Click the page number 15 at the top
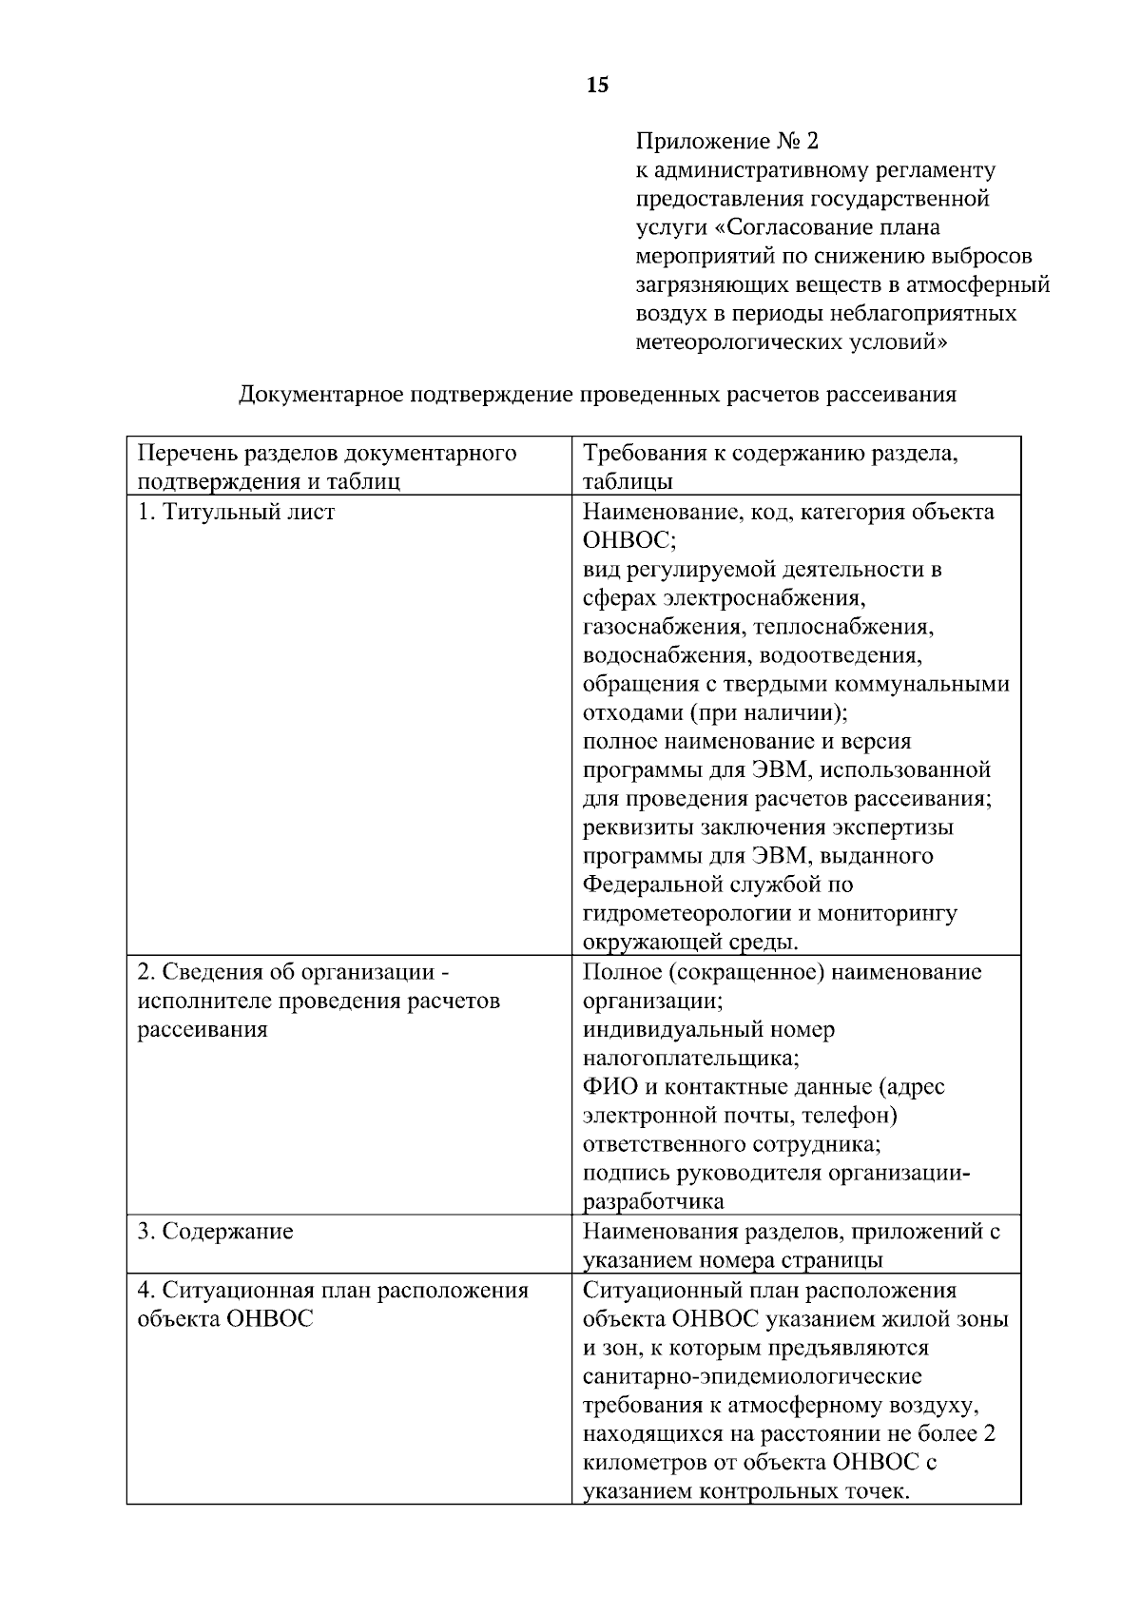click(x=597, y=86)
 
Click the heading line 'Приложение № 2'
click(x=726, y=142)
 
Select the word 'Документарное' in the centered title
click(x=321, y=394)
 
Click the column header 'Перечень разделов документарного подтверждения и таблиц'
click(x=327, y=466)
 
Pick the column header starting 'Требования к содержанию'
click(x=770, y=466)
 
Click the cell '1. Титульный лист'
click(x=237, y=512)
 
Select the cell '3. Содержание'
click(x=216, y=1231)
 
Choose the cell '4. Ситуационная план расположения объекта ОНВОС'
click(x=332, y=1304)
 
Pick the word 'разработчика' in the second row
click(x=653, y=1201)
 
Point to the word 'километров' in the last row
click(x=646, y=1462)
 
